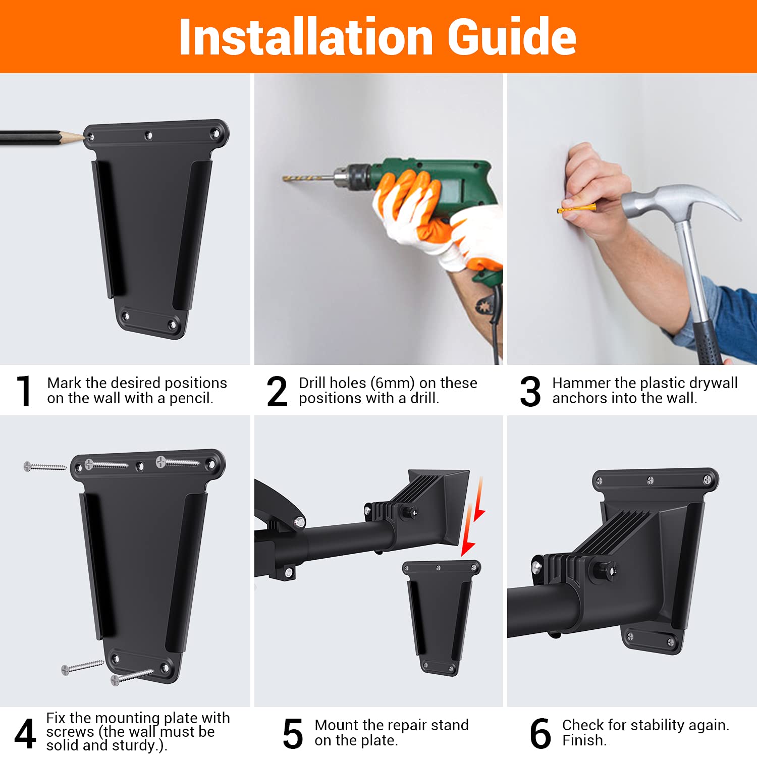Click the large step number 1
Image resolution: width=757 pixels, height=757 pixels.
point(23,391)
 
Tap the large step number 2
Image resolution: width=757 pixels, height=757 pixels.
point(277,391)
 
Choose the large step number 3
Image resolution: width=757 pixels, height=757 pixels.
point(530,391)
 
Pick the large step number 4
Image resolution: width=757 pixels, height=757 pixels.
point(25,733)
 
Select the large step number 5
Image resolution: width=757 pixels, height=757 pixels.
point(293,733)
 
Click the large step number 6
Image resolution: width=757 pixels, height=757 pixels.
point(540,733)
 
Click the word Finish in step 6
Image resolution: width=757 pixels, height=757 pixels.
point(584,740)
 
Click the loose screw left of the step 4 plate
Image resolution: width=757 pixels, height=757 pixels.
point(45,467)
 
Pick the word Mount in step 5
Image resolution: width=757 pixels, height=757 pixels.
point(338,725)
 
